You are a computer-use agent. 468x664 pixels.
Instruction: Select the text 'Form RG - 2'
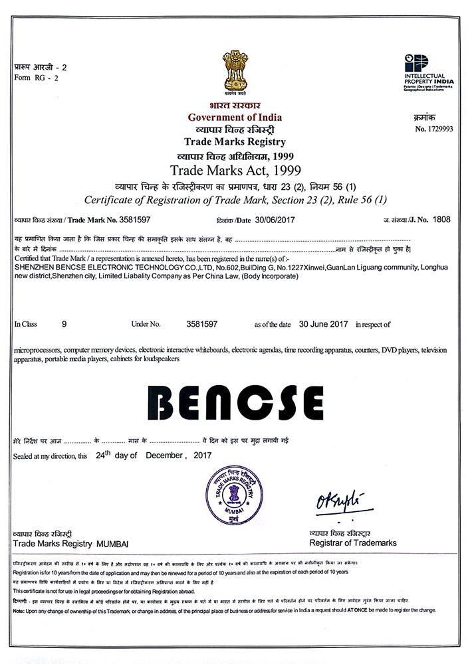[x=36, y=78]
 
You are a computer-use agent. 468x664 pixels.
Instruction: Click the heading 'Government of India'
[x=235, y=118]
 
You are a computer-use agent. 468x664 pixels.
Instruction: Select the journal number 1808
[x=441, y=219]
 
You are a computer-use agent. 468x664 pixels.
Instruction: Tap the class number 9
[x=64, y=325]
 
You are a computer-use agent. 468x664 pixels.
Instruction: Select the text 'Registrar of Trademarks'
[x=353, y=543]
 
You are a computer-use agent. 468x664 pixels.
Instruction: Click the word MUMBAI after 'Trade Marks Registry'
[x=113, y=544]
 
